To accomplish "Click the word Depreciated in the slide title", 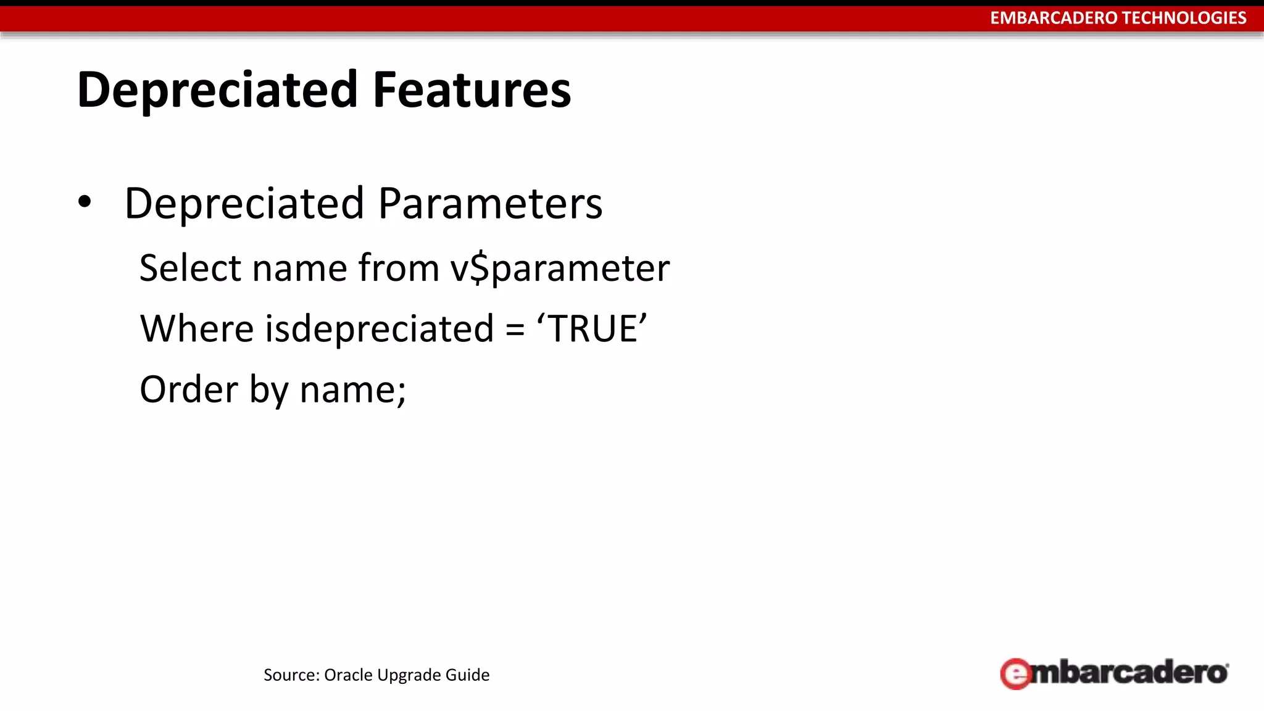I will (x=217, y=90).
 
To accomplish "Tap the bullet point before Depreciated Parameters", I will (x=85, y=202).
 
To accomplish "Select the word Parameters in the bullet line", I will (x=490, y=204).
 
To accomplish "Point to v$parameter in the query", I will (x=559, y=269).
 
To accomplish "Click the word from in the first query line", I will (x=398, y=268).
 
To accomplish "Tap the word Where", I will (x=196, y=328).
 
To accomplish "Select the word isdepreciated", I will (x=379, y=328).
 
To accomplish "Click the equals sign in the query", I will (x=515, y=330).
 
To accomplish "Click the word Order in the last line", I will (x=188, y=389).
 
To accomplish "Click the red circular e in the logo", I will (x=1015, y=674).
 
